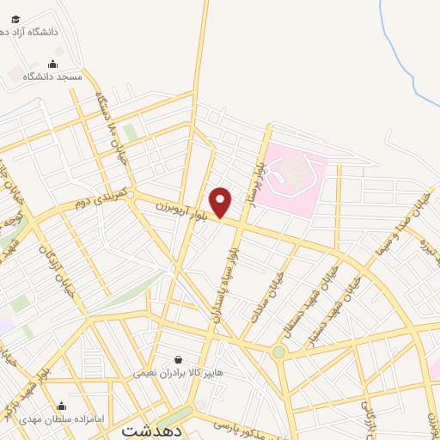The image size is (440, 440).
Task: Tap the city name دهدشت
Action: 151,431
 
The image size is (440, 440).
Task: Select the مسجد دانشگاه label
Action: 52,76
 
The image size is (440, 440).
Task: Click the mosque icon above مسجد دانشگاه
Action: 52,64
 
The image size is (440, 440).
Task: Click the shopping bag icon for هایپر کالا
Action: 178,360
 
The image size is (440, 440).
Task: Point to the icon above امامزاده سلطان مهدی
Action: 61,406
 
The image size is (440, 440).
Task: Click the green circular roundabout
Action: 278,351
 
